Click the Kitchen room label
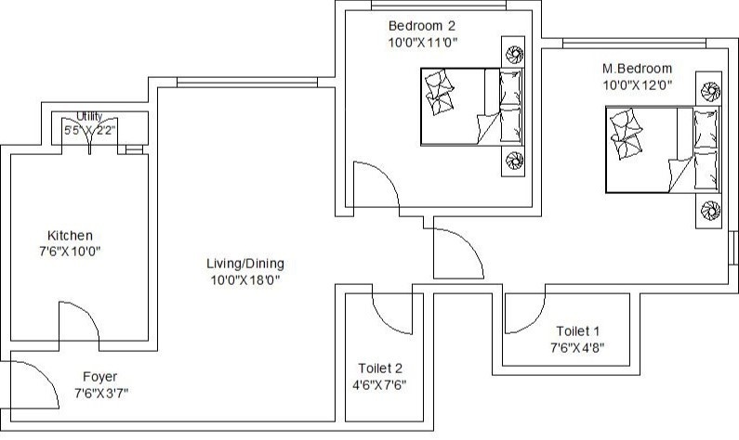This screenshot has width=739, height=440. click(x=70, y=236)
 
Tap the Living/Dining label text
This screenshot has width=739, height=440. click(x=244, y=264)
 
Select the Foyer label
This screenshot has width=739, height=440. click(x=99, y=377)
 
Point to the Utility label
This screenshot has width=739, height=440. click(x=89, y=116)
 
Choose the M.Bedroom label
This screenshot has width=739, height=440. click(x=637, y=69)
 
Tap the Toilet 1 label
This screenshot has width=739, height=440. click(x=579, y=331)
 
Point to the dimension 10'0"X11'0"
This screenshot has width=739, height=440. click(x=423, y=42)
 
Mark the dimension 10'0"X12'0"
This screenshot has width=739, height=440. click(x=637, y=84)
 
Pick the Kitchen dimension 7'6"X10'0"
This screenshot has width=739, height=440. click(x=70, y=252)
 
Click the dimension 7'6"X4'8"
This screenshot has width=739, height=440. click(x=579, y=348)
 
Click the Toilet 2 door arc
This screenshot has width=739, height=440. click(x=390, y=312)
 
